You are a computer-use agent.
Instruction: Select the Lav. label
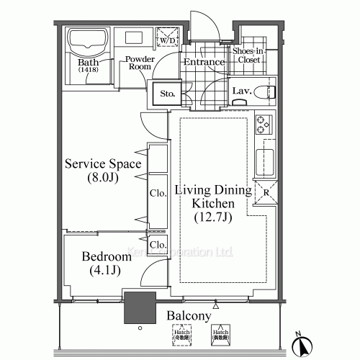point(242,91)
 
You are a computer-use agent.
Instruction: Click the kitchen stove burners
point(264,125)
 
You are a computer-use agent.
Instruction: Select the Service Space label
point(102,164)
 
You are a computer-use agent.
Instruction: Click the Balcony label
point(189,316)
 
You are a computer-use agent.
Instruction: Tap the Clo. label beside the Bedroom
point(158,245)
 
